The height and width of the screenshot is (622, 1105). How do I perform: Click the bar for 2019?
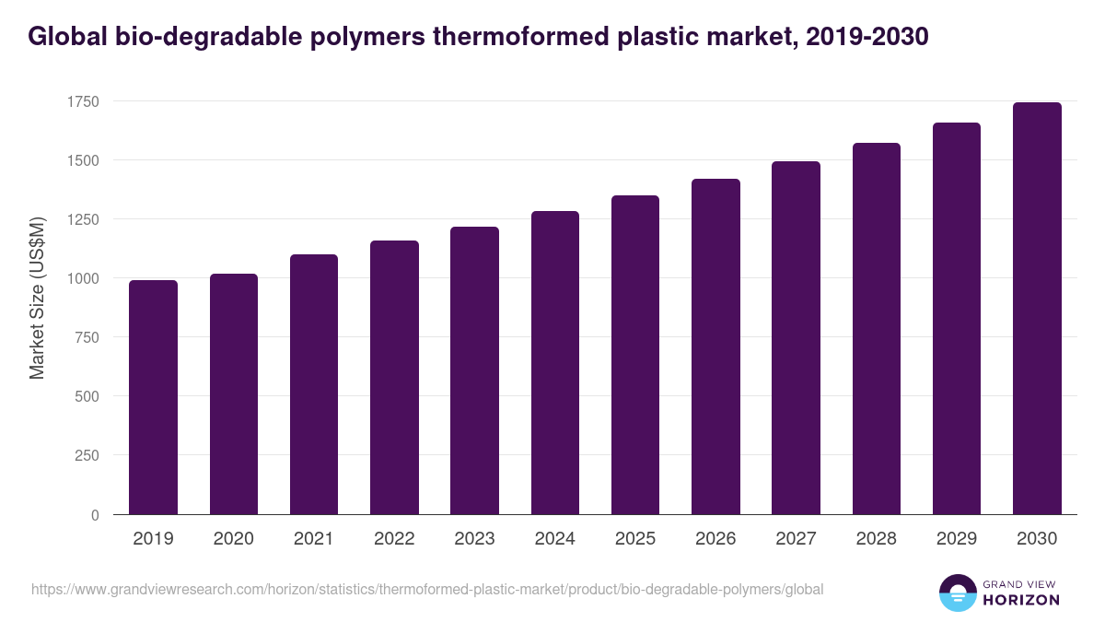(x=153, y=397)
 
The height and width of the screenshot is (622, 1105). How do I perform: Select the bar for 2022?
(x=394, y=378)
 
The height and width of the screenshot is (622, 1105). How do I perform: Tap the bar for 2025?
(x=635, y=355)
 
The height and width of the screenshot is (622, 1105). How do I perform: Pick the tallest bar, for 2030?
(x=1037, y=309)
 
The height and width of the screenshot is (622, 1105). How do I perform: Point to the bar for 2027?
(x=796, y=338)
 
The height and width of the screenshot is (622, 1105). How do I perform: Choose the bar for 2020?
(x=234, y=394)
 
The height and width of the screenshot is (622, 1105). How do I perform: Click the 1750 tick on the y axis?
(x=82, y=101)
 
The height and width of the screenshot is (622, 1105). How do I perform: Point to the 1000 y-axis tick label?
(x=82, y=278)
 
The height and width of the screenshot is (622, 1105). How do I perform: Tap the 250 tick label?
(x=87, y=455)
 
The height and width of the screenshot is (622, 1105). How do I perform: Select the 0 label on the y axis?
(x=95, y=515)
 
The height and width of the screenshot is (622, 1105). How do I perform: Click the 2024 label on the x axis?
(x=554, y=539)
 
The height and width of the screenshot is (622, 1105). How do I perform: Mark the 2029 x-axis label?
(x=957, y=539)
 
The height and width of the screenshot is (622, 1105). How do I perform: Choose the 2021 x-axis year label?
(x=314, y=539)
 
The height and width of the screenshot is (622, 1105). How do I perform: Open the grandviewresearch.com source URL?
(x=427, y=589)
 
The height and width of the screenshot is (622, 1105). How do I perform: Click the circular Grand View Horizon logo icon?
(x=957, y=593)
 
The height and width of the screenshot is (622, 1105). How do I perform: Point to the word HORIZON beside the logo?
(x=1022, y=600)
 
